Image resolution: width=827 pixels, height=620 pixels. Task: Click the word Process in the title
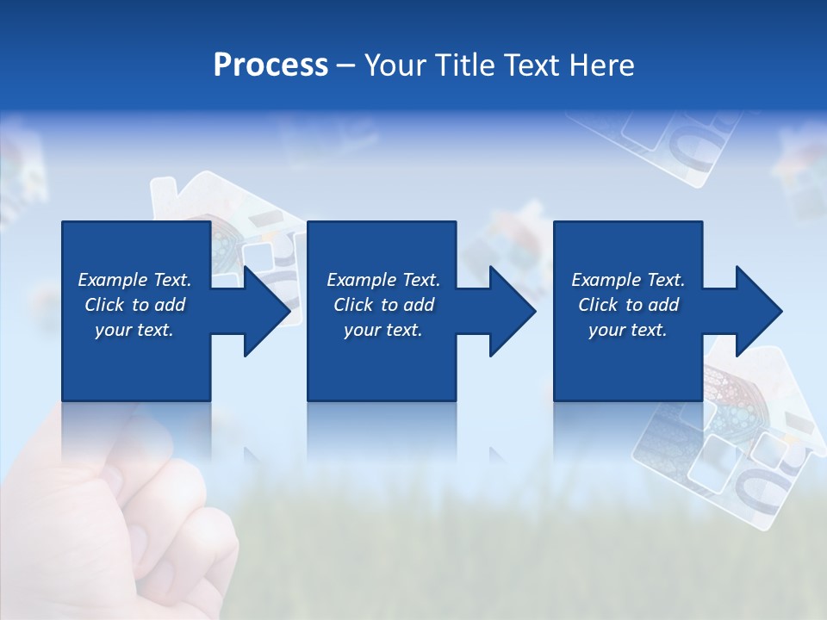tap(270, 65)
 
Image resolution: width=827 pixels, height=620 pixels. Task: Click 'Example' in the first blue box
tap(113, 280)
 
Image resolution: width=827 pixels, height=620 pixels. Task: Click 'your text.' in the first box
tap(134, 330)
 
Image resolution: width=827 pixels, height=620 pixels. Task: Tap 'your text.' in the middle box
tap(382, 330)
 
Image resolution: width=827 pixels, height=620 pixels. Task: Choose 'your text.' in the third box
tap(628, 330)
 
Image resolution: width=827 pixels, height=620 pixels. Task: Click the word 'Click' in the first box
tap(104, 305)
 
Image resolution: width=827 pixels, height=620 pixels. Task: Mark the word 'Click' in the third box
tap(598, 305)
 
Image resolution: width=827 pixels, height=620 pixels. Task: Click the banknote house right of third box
tap(741, 439)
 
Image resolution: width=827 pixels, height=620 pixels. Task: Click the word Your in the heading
tap(396, 65)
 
